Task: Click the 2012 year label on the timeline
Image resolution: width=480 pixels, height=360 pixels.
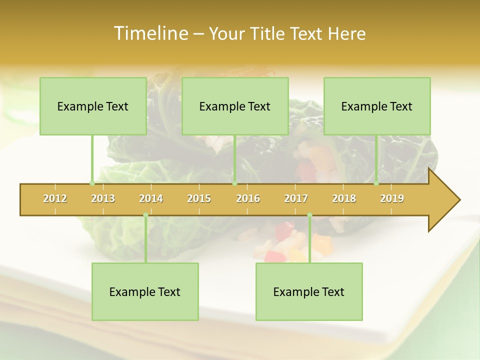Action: pyautogui.click(x=55, y=198)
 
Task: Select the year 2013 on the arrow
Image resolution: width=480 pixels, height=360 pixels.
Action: pyautogui.click(x=103, y=198)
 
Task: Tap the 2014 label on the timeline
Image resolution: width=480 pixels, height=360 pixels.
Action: pyautogui.click(x=151, y=198)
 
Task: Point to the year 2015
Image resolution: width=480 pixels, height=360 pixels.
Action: pyautogui.click(x=199, y=198)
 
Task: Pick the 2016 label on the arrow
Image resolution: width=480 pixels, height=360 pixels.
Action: pyautogui.click(x=248, y=198)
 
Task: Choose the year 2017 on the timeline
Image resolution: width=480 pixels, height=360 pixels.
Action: pyautogui.click(x=296, y=198)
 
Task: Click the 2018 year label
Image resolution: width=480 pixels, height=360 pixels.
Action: pyautogui.click(x=344, y=198)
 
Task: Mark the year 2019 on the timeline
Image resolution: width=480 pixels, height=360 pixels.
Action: pyautogui.click(x=392, y=198)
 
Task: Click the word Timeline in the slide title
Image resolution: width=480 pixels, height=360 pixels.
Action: pyautogui.click(x=150, y=33)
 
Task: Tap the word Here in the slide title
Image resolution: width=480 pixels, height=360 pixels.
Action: pyautogui.click(x=346, y=33)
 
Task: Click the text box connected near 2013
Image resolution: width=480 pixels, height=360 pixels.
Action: pyautogui.click(x=93, y=106)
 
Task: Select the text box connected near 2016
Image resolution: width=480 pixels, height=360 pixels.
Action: pyautogui.click(x=235, y=106)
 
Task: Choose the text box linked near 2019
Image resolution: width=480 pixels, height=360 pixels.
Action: pyautogui.click(x=377, y=106)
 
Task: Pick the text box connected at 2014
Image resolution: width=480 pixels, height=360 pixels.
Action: pyautogui.click(x=145, y=291)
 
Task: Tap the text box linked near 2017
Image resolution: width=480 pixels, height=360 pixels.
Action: pyautogui.click(x=309, y=291)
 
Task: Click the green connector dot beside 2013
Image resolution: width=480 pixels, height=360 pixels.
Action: pyautogui.click(x=92, y=183)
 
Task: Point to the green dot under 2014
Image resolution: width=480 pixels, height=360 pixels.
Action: pyautogui.click(x=145, y=215)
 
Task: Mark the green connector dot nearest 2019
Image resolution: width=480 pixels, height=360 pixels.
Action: pyautogui.click(x=376, y=183)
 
